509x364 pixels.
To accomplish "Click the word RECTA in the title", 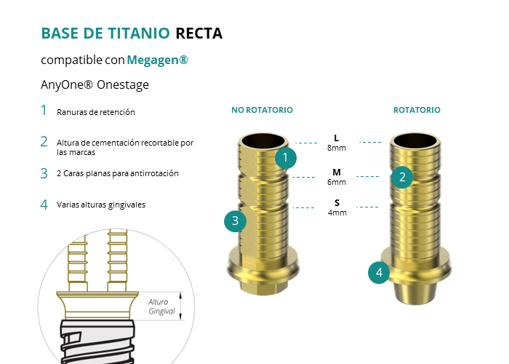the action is tap(199, 33).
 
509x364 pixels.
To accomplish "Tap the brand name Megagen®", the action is tap(157, 60).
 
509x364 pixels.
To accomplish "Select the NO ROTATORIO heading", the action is tap(262, 110).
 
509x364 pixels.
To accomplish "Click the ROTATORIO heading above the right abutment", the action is tap(417, 110).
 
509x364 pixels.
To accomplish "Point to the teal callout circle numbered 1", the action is tap(286, 158).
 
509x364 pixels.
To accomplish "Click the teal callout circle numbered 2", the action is tap(402, 177).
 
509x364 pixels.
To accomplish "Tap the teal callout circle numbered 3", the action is tap(236, 221).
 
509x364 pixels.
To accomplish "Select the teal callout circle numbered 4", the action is tap(379, 273).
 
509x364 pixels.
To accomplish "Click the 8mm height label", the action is tap(337, 148).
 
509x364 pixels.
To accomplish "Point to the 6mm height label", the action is tap(337, 182).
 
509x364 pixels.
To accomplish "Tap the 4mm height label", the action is tap(337, 213).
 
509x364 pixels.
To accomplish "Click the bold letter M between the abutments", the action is tap(337, 173).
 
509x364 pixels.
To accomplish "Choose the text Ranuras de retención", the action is tap(96, 112).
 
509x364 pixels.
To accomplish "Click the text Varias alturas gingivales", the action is tap(101, 205).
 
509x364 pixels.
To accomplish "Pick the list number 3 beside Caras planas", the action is tap(44, 173).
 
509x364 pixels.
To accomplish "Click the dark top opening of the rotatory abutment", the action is tap(415, 141).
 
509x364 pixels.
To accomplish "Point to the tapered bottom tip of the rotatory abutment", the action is tap(415, 294).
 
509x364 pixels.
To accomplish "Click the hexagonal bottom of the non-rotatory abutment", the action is tap(263, 288).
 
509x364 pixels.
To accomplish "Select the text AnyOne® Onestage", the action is tap(95, 85).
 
